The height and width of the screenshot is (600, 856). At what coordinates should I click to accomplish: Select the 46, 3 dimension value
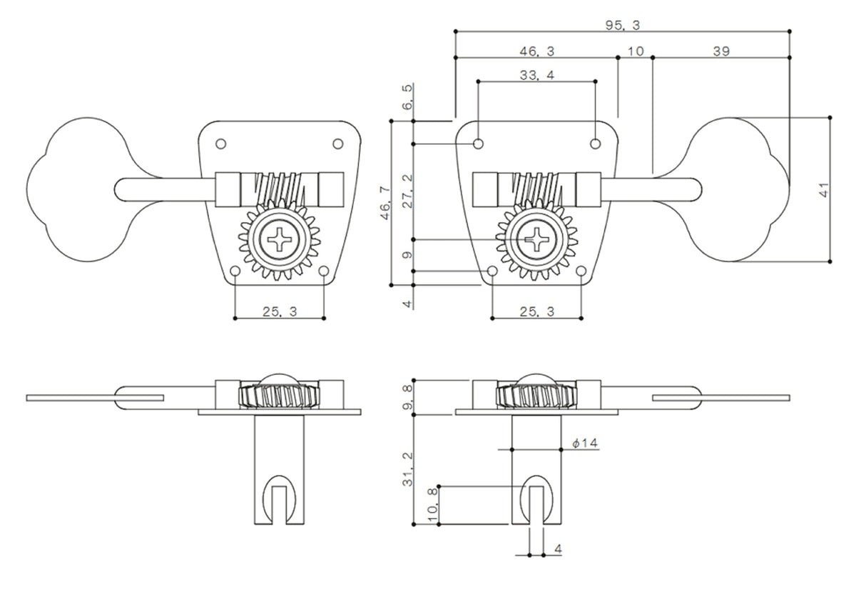pyautogui.click(x=537, y=51)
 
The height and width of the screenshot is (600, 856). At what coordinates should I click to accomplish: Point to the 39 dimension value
pyautogui.click(x=720, y=51)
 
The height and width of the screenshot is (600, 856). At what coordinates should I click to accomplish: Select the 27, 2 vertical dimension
pyautogui.click(x=408, y=189)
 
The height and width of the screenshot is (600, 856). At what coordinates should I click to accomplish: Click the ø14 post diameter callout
pyautogui.click(x=585, y=444)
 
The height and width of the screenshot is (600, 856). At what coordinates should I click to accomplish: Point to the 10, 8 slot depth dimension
pyautogui.click(x=431, y=505)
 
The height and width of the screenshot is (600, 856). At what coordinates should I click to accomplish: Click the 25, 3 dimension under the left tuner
pyautogui.click(x=280, y=311)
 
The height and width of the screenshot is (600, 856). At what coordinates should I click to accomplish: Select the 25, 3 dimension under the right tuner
pyautogui.click(x=536, y=311)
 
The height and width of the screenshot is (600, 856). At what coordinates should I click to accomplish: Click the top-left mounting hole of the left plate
pyautogui.click(x=220, y=144)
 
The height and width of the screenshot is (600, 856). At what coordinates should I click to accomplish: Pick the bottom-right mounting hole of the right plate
pyautogui.click(x=581, y=272)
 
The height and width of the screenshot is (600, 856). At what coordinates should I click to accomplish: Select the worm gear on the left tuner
pyautogui.click(x=280, y=187)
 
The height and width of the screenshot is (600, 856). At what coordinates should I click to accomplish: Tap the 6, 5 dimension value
pyautogui.click(x=408, y=98)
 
